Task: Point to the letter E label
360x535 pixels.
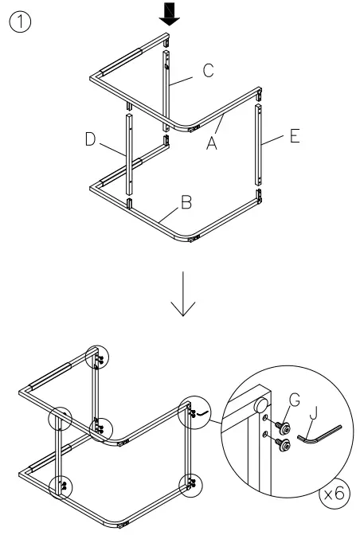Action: [293, 137]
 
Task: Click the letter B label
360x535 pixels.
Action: [185, 202]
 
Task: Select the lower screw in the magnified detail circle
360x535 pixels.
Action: [282, 445]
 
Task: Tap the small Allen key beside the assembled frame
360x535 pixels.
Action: [203, 414]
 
